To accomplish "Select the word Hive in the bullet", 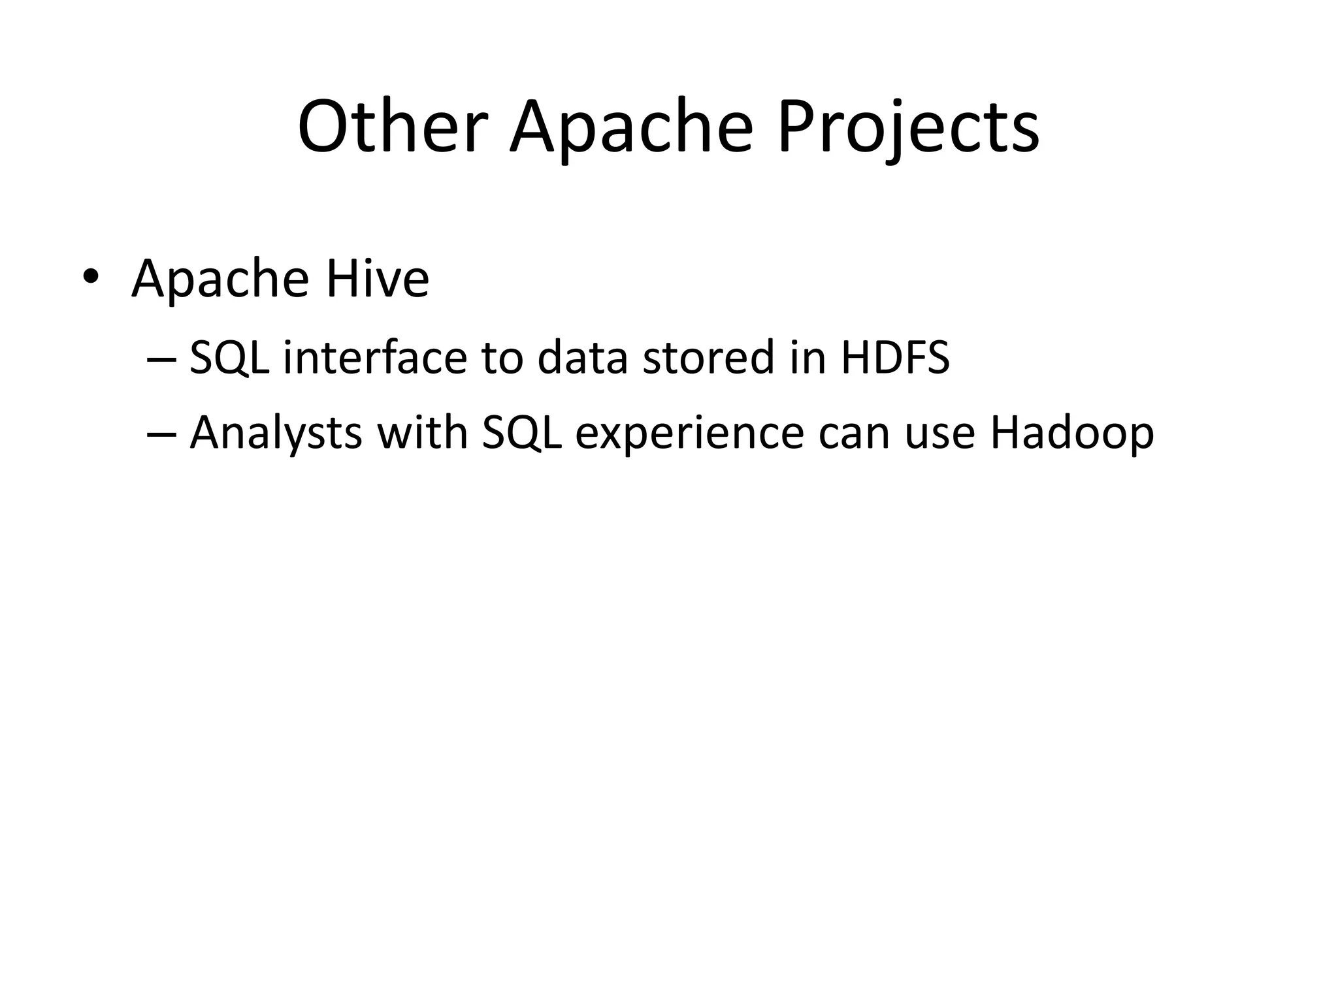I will pyautogui.click(x=378, y=279).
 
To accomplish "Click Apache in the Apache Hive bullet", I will pyautogui.click(x=220, y=279).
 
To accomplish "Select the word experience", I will pyautogui.click(x=689, y=434).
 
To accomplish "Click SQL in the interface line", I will pyautogui.click(x=229, y=358).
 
